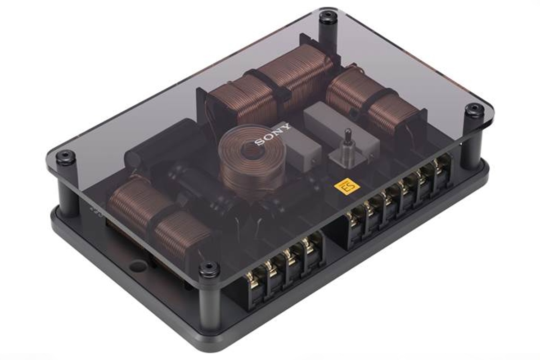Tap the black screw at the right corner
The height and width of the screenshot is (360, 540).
(474, 110)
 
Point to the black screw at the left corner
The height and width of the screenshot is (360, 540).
(66, 156)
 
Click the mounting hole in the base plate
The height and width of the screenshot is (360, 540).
(138, 266)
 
